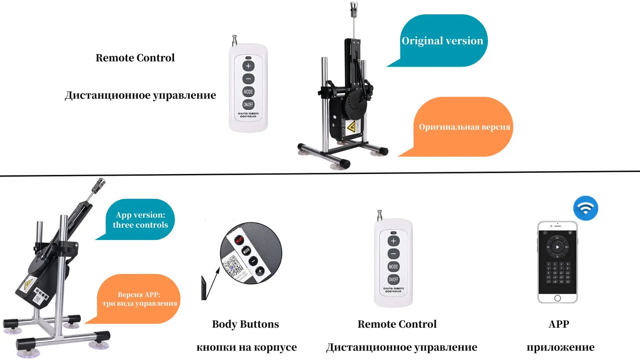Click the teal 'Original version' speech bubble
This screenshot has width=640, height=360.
tap(442, 41)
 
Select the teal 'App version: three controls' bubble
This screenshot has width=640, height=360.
tap(140, 220)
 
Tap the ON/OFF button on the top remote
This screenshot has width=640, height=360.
tap(248, 105)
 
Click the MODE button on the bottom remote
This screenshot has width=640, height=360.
tap(393, 267)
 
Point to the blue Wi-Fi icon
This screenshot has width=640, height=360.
tap(586, 209)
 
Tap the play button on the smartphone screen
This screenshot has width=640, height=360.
tap(558, 246)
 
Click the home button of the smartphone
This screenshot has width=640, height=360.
tap(558, 298)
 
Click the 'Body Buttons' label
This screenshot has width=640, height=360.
tap(245, 324)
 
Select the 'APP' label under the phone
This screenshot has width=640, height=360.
tap(559, 324)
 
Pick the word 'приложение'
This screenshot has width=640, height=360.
tap(560, 348)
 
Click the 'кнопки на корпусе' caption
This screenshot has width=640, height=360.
tap(246, 348)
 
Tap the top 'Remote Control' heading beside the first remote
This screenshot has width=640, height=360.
tap(135, 58)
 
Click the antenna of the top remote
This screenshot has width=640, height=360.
tap(235, 40)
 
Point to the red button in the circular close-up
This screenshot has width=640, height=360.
tap(240, 241)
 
